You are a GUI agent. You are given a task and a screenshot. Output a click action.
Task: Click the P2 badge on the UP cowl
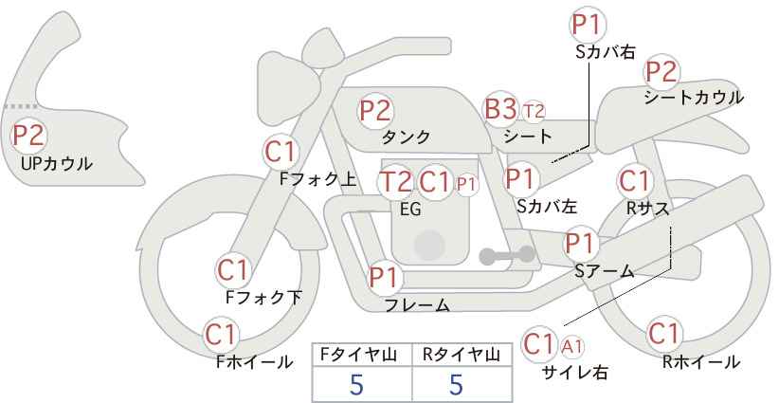pos(28,136)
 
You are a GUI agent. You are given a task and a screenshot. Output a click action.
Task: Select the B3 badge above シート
pos(500,110)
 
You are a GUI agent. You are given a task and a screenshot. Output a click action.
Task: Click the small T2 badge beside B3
pos(534,111)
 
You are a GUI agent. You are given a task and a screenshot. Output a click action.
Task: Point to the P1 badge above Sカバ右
pos(588,25)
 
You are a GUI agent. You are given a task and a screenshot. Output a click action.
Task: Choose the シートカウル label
pos(693,97)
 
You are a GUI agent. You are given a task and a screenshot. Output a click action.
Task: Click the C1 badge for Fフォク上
pos(281,151)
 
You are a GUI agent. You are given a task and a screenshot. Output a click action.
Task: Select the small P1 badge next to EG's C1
pos(466,183)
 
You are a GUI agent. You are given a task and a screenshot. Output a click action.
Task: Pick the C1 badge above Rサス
pos(634,180)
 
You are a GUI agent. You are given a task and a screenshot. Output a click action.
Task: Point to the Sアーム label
pos(604,270)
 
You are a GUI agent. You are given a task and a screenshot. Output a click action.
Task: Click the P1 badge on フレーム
pos(385,278)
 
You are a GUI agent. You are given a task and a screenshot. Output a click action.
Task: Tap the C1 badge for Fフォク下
pos(232,270)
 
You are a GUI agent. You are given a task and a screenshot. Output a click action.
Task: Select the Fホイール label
pos(254,361)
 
